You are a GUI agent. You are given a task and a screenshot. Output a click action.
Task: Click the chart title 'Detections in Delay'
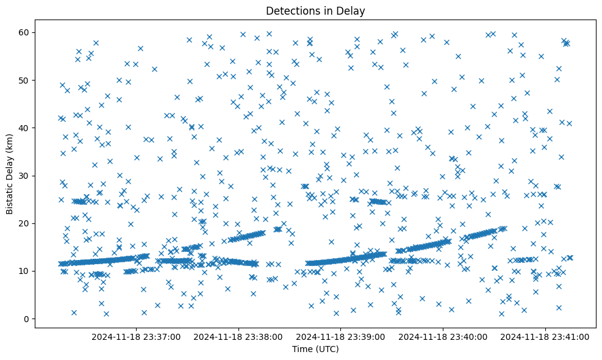[x=315, y=10]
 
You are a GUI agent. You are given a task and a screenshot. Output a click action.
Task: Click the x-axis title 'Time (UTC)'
[x=315, y=349]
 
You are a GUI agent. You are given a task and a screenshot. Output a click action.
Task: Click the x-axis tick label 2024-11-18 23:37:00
[x=136, y=336]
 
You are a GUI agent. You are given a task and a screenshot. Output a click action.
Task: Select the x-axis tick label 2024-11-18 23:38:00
[x=238, y=336]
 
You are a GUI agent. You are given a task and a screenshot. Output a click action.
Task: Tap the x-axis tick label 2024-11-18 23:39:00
[x=340, y=336]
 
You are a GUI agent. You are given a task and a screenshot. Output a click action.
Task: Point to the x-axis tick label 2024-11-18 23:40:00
[x=443, y=336]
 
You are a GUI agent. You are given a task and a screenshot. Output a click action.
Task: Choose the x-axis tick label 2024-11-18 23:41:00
[x=545, y=336]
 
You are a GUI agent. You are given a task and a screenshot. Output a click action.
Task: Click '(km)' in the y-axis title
[x=10, y=140]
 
